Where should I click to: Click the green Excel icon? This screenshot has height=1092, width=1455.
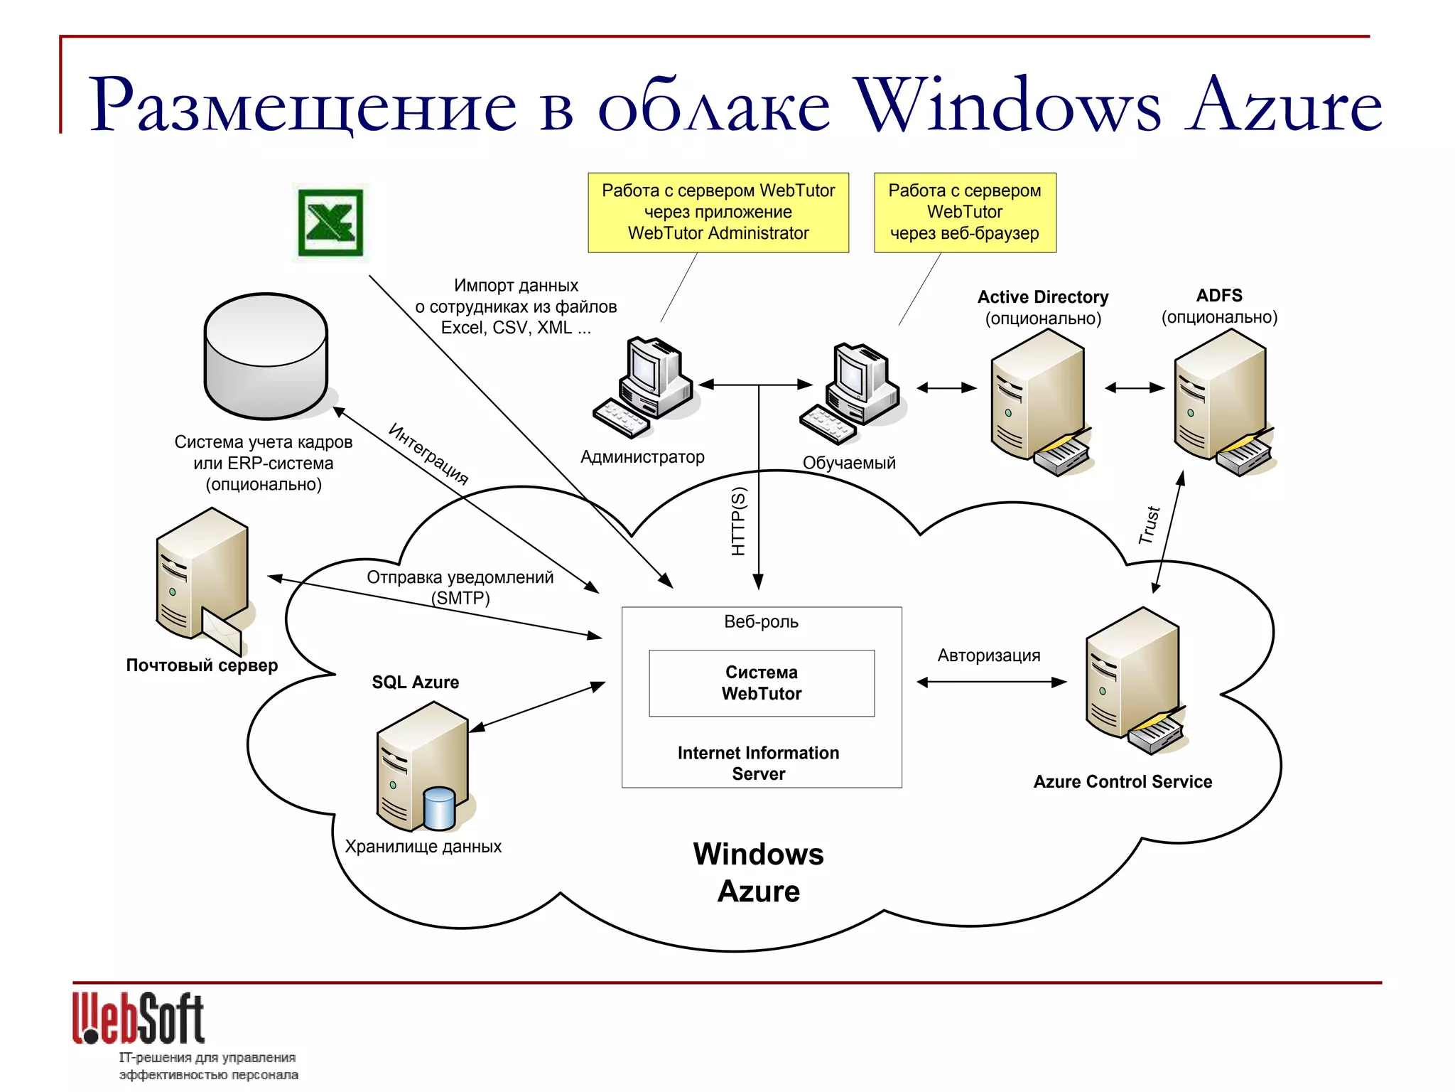[x=330, y=223]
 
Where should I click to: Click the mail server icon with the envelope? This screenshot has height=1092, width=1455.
[x=202, y=579]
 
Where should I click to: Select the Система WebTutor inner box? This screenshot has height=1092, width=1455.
[x=762, y=683]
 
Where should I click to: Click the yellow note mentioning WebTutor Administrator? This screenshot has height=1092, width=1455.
[x=718, y=212]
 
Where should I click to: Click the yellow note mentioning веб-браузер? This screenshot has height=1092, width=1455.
[x=965, y=212]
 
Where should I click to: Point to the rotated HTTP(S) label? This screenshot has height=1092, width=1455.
[x=739, y=521]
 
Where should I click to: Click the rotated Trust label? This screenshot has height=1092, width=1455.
[x=1149, y=525]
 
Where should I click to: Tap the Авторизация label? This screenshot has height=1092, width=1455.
[x=989, y=655]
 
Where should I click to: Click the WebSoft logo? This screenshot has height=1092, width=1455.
[x=139, y=1019]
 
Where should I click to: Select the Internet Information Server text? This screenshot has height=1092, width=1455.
[x=759, y=763]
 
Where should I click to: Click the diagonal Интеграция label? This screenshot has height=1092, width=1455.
[x=428, y=454]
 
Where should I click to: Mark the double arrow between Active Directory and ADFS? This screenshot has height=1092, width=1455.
[x=1135, y=388]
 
